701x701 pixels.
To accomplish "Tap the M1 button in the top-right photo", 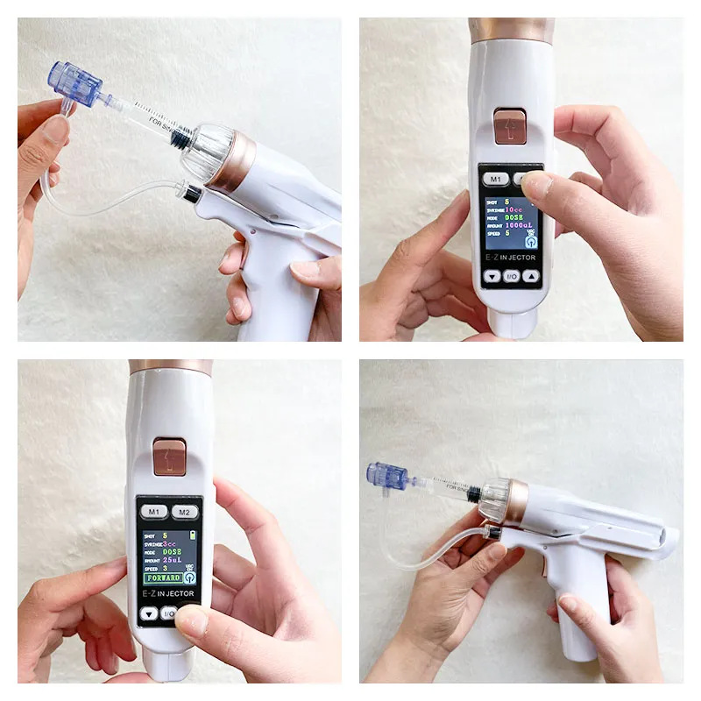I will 495,179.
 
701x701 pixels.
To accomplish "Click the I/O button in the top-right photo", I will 511,276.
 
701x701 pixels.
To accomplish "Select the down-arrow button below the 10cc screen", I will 491,276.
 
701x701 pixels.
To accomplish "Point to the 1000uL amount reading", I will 520,225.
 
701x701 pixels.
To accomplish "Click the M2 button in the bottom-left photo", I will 183,512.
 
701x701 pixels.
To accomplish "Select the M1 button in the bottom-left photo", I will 154,512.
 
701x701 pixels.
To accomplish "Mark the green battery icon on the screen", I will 193,535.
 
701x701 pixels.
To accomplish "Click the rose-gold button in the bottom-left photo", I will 169,457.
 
